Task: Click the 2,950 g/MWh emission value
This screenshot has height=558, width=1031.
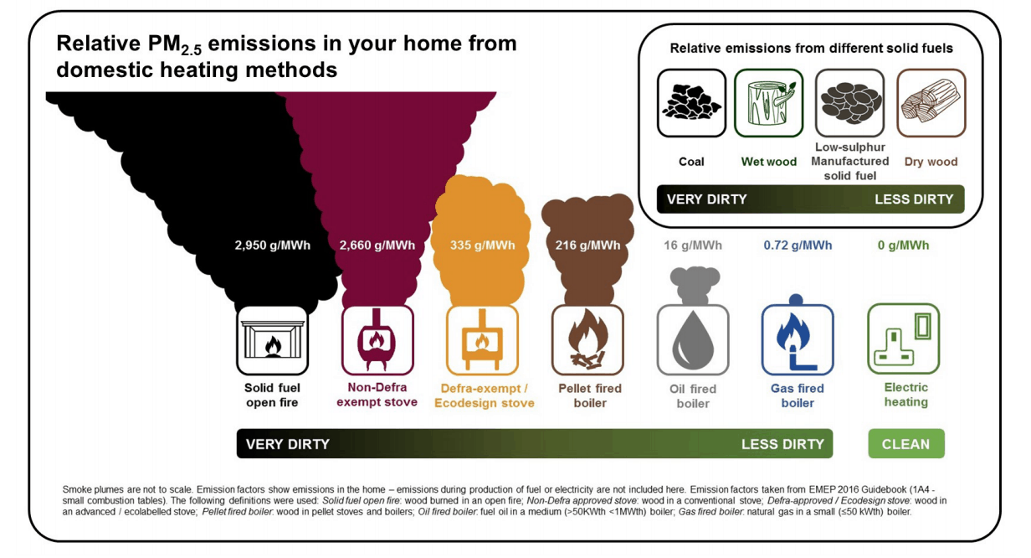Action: (272, 245)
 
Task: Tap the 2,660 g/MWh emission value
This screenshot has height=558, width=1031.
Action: (377, 245)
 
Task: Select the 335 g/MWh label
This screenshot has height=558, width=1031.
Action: (483, 245)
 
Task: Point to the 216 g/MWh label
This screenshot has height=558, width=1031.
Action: (588, 245)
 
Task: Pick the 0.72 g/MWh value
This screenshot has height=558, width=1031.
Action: (798, 245)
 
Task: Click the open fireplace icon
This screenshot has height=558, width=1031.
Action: (272, 339)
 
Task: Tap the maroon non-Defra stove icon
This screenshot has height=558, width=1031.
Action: (377, 339)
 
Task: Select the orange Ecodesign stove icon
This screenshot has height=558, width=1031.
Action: (483, 339)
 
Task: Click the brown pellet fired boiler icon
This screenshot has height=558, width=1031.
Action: (588, 339)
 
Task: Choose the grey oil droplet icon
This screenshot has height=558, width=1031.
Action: (693, 339)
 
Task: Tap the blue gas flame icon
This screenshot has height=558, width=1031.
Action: (798, 339)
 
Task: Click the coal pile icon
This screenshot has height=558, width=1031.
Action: (691, 103)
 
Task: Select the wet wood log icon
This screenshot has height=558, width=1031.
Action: (769, 103)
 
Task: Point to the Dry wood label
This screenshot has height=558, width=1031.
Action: (931, 162)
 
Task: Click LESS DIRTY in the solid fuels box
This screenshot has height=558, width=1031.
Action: (914, 199)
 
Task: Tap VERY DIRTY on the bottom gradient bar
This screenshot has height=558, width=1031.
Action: (288, 444)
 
